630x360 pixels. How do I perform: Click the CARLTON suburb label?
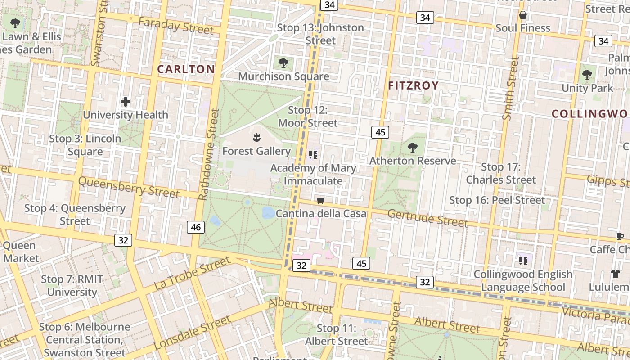point(186,69)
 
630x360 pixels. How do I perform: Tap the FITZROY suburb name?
point(413,85)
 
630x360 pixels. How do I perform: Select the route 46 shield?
point(196,227)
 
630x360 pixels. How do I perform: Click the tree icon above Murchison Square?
point(283,63)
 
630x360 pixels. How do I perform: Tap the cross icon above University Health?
point(126,102)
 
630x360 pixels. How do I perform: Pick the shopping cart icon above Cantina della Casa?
point(321,200)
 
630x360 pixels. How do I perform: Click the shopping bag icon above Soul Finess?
point(523,15)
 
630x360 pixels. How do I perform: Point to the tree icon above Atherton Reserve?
point(412,147)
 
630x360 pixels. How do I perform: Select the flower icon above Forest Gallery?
point(256,137)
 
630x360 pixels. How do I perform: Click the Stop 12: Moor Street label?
point(308,117)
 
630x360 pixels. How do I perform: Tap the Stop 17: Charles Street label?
point(501,173)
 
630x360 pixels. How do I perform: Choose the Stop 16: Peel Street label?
point(497,200)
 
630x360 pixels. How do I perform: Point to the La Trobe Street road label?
point(192,273)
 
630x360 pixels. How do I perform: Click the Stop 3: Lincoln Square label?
point(85,145)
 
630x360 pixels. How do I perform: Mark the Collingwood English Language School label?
point(523,280)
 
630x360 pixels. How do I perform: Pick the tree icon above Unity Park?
point(587,74)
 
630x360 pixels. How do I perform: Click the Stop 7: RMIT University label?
point(72,285)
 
